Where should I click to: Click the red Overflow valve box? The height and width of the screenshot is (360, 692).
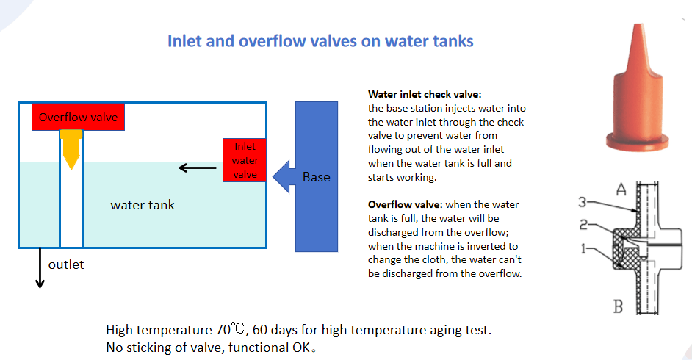78,117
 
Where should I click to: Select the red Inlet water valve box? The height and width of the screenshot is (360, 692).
245,160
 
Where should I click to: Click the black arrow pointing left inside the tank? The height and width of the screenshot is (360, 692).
198,168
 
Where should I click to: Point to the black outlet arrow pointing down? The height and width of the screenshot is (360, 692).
40,267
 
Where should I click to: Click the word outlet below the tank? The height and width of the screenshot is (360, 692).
66,264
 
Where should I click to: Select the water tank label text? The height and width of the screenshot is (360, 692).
142,205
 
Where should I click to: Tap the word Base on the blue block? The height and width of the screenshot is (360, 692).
317,177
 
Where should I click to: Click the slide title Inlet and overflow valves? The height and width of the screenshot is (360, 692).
320,41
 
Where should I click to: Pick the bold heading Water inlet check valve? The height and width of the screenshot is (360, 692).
425,94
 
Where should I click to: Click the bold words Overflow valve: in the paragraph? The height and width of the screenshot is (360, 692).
405,204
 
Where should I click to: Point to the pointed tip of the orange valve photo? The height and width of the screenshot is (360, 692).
638,25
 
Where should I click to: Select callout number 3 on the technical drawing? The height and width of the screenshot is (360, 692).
583,203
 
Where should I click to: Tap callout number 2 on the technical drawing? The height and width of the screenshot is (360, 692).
583,225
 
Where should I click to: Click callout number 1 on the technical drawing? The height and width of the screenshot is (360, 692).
583,249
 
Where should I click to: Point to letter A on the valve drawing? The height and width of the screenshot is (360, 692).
621,190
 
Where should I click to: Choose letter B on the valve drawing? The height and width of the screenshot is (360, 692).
619,306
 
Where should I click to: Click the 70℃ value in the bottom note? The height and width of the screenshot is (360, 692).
231,329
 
